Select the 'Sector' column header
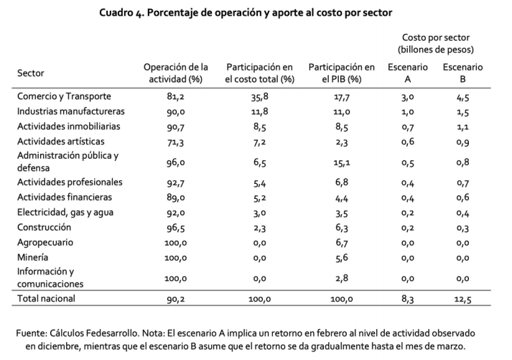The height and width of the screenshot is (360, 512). (x=30, y=73)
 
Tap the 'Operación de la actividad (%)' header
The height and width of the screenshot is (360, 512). (x=176, y=73)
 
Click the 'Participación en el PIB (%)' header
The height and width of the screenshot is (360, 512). (x=342, y=73)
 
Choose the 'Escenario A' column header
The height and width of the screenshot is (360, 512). (x=407, y=73)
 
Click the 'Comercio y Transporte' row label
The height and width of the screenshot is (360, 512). (x=64, y=96)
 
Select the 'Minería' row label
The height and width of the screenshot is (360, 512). (x=32, y=257)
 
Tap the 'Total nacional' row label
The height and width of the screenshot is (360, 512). (x=46, y=298)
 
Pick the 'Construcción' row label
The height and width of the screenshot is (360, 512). (x=44, y=227)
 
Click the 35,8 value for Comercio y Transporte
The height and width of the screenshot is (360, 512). (x=260, y=97)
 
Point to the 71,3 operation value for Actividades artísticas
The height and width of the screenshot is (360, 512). (x=176, y=142)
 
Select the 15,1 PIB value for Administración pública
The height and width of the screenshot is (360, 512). (x=342, y=162)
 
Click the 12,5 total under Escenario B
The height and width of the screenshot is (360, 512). (x=462, y=299)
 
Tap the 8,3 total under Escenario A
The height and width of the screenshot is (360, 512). (x=407, y=299)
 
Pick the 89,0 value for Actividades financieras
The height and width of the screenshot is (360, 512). (x=176, y=198)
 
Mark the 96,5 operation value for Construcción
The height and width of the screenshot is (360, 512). (x=176, y=228)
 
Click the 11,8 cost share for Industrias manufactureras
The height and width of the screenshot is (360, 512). (x=260, y=111)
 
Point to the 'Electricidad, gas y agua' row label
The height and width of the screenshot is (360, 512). (x=65, y=213)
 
